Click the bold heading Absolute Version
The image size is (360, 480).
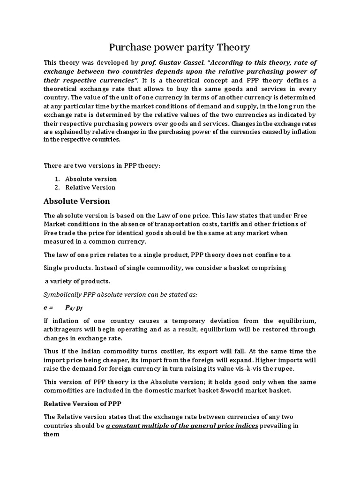tap(76, 201)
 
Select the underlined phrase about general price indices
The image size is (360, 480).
tap(182, 426)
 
